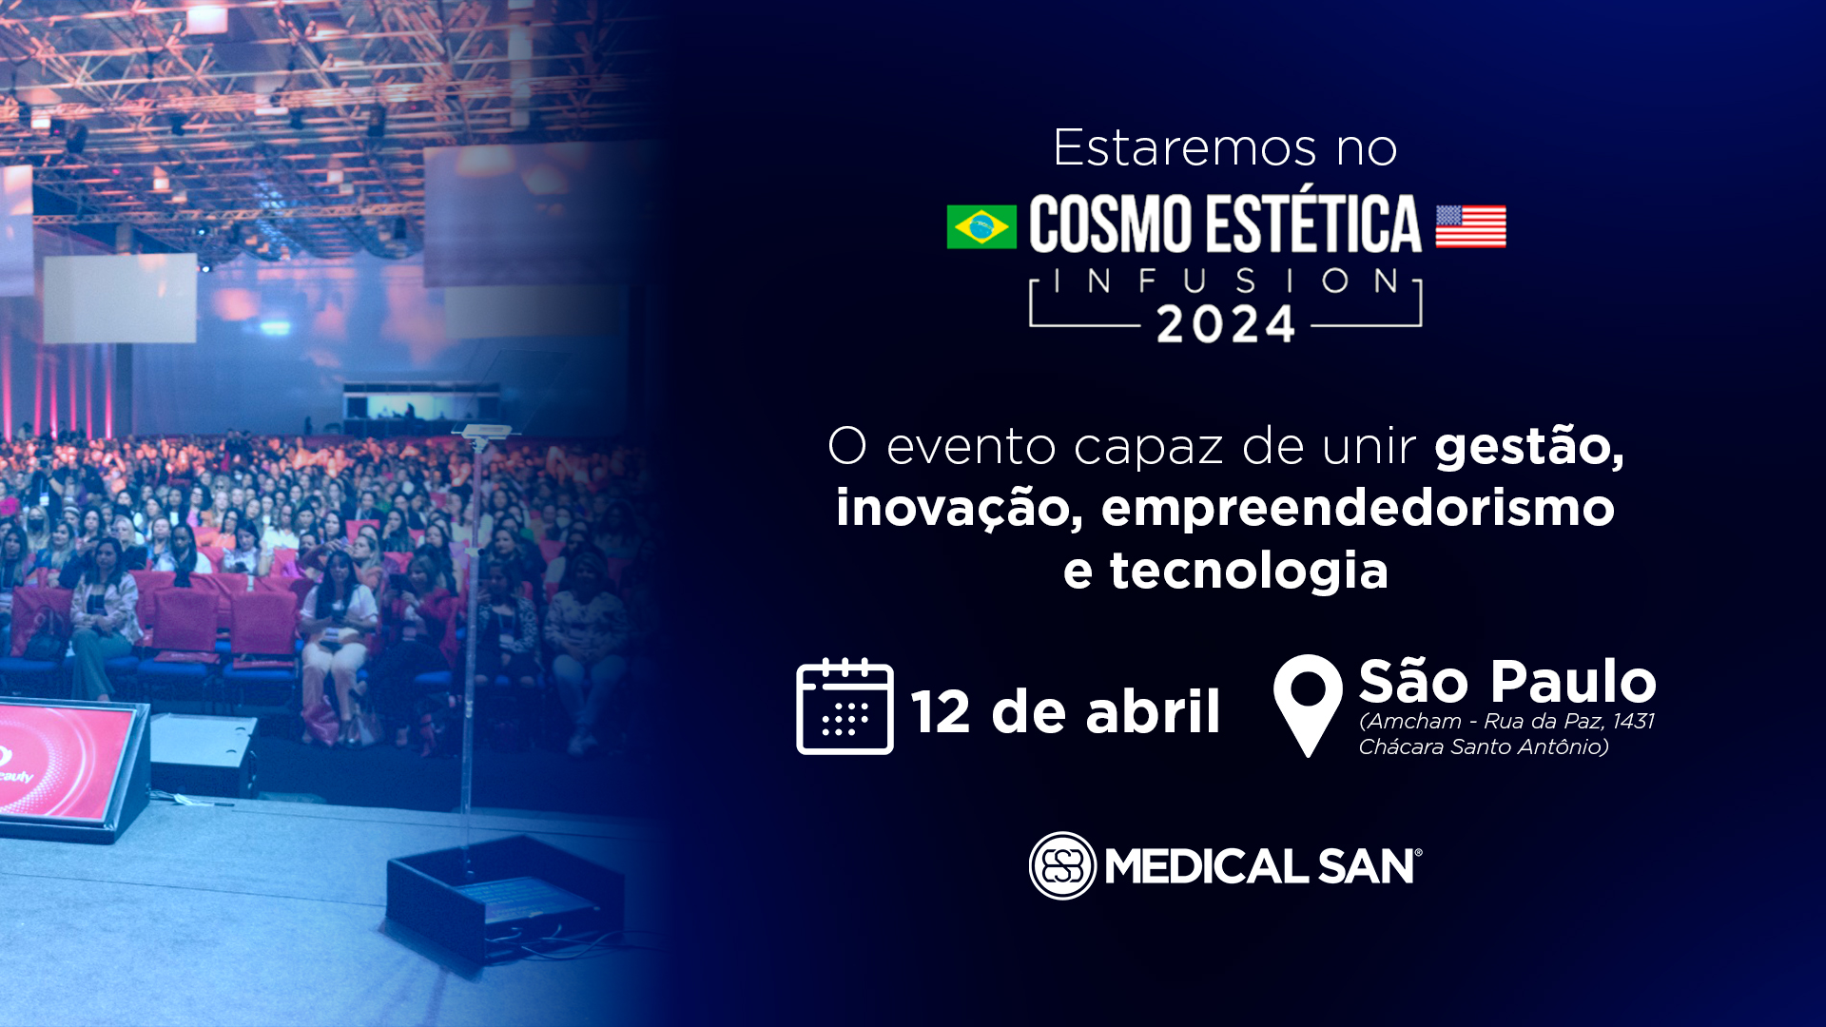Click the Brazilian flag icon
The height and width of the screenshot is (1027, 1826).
pos(981,227)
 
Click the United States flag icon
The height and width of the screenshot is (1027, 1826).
pos(1470,227)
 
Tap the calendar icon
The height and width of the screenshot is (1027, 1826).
pos(845,706)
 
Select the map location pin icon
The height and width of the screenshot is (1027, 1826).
pos(1308,705)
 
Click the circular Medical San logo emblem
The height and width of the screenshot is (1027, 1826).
pos(1062,865)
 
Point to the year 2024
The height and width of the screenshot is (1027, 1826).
pos(1226,325)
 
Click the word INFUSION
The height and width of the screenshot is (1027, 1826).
pos(1226,281)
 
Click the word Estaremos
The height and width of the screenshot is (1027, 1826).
pos(1184,148)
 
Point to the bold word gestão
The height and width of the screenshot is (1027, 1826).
pos(1529,447)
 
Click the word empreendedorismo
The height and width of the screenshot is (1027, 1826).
pos(1358,509)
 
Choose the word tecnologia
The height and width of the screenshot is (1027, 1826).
pos(1249,571)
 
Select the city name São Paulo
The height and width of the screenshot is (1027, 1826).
pos(1507,681)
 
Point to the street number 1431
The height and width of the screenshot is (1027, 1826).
pos(1634,721)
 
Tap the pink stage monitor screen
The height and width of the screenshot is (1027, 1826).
pos(62,760)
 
